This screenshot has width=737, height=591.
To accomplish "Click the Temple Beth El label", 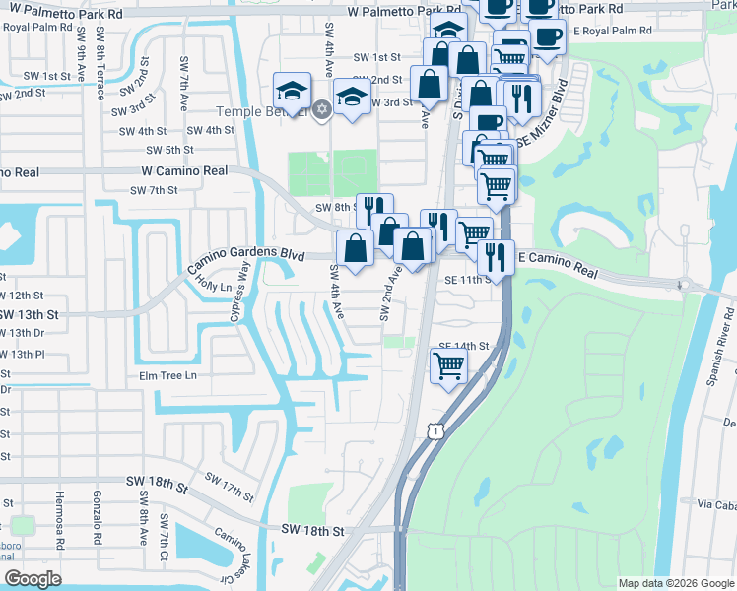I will (x=268, y=112).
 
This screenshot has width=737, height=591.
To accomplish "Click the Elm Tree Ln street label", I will (x=168, y=375).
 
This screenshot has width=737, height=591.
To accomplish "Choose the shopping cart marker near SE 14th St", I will (x=449, y=365).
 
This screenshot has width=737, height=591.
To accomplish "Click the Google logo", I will (x=33, y=579).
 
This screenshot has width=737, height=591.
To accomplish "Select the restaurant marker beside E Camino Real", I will (x=496, y=256).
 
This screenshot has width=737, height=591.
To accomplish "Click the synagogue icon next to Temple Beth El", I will (x=321, y=110).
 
